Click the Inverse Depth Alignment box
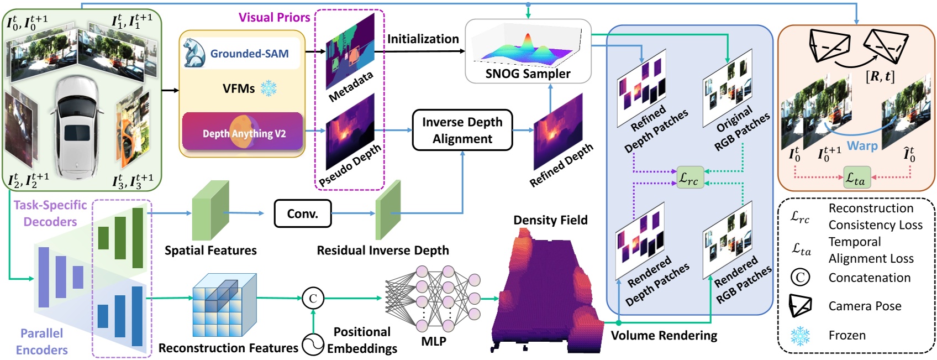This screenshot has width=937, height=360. [x=462, y=130]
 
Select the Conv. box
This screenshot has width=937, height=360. [x=302, y=213]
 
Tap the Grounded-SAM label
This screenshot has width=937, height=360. [x=249, y=54]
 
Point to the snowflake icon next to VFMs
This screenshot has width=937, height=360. [x=269, y=88]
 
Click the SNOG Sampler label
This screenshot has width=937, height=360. [x=528, y=74]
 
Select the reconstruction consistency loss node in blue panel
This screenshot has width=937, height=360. [x=690, y=178]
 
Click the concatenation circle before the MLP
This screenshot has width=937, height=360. [x=313, y=299]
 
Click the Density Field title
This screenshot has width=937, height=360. [x=550, y=220]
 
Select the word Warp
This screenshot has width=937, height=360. [x=862, y=146]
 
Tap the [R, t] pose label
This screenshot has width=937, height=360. [x=880, y=76]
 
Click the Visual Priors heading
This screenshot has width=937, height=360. [x=274, y=17]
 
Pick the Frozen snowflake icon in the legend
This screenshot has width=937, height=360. [x=799, y=336]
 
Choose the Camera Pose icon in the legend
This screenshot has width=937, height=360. [x=801, y=306]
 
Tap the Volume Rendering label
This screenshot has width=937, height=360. [x=664, y=335]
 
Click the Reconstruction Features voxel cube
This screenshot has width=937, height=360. [x=224, y=305]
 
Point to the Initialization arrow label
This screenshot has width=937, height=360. [x=423, y=39]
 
